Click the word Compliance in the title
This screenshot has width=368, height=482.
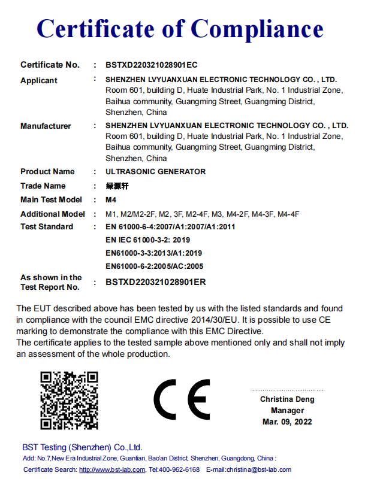coord(258,29)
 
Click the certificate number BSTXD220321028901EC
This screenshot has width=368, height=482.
coord(151,65)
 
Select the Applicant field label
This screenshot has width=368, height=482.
coord(39,80)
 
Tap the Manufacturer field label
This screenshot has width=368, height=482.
coord(46,126)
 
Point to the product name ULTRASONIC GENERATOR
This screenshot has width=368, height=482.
coord(155,172)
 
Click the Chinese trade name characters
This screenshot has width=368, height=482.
coord(117,186)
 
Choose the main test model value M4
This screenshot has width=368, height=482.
coord(111,200)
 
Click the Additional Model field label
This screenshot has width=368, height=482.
coord(53,214)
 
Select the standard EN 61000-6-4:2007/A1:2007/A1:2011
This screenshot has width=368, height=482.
coord(170,227)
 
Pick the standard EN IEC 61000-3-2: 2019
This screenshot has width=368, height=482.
coord(147,240)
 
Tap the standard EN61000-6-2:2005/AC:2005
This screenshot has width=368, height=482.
coord(154,266)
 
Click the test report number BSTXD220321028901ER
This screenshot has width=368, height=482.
coord(155,282)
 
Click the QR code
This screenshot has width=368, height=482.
coord(69,401)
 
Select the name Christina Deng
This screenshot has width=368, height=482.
coord(287,399)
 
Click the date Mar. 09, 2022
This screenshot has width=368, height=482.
coord(287,422)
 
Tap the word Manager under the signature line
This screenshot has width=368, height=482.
coord(287,411)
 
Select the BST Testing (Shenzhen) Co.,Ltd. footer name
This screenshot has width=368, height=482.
coord(82,447)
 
